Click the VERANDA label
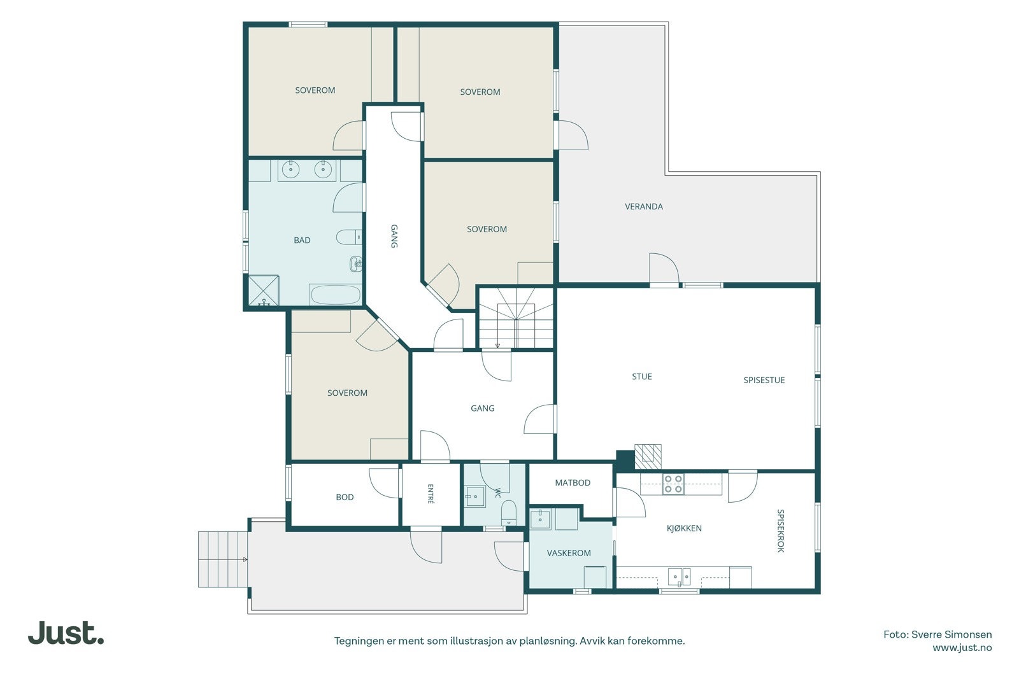click(x=643, y=207)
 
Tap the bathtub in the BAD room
click(x=335, y=295)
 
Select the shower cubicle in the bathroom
click(x=264, y=290)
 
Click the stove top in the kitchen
click(x=673, y=484)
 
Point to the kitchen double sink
click(x=679, y=577)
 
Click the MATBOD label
click(x=573, y=482)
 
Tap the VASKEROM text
click(x=569, y=553)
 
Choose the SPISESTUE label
click(x=764, y=381)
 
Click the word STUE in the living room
click(x=642, y=377)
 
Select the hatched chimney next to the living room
click(x=648, y=457)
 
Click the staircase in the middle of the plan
click(x=516, y=318)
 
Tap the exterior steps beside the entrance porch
click(x=223, y=559)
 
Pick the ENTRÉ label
click(x=431, y=494)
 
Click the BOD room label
click(x=345, y=497)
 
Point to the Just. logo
click(x=66, y=633)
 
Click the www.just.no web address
click(x=962, y=648)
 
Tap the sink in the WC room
click(x=475, y=497)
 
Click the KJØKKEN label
click(x=684, y=528)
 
